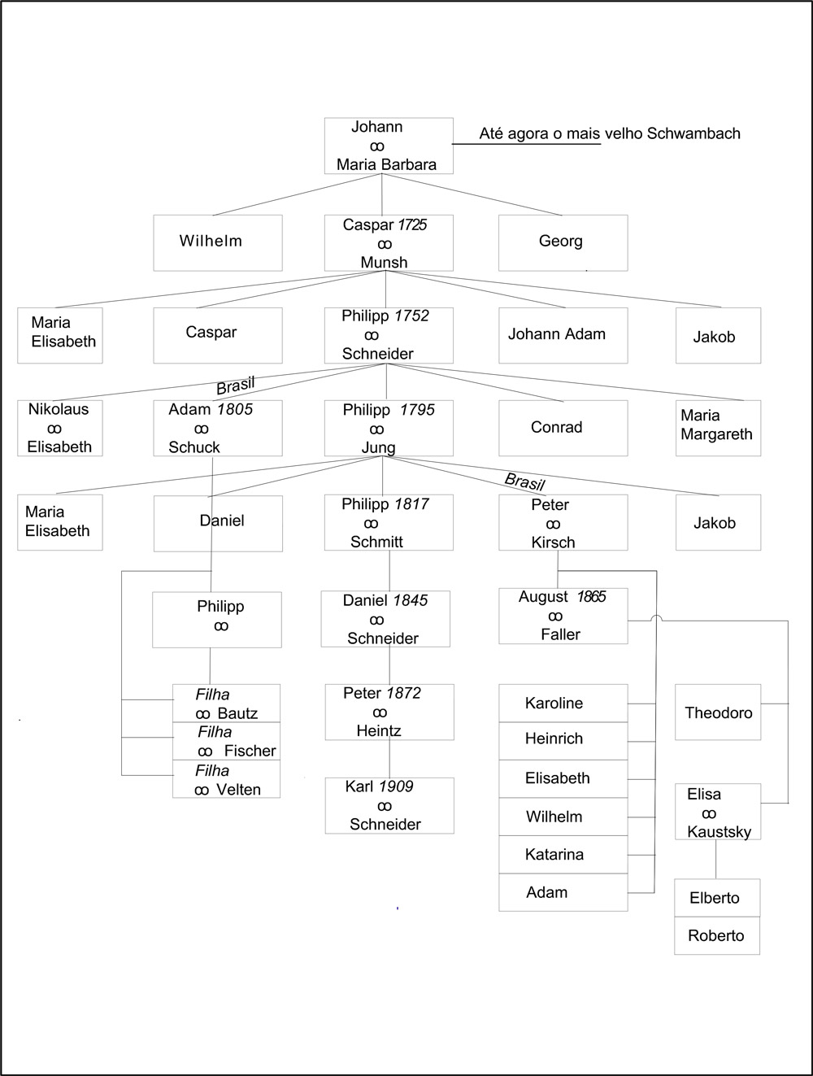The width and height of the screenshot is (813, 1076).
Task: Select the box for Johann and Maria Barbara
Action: coord(388,146)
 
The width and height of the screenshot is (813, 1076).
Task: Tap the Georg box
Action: coord(563,242)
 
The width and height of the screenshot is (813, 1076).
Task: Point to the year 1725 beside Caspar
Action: coord(411,224)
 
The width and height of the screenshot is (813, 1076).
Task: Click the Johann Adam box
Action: coord(563,334)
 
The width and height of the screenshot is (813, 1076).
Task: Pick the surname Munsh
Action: coord(384,262)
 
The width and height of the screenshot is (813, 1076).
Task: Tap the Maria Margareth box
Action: coord(717,426)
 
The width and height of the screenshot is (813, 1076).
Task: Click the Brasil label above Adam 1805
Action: coord(235,385)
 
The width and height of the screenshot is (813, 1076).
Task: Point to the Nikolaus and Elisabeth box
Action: coord(59,427)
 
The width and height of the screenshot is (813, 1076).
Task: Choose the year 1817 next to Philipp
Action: coord(411,503)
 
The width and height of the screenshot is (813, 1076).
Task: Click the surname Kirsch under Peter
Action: coord(553,542)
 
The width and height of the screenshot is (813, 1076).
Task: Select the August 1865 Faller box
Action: coord(563,616)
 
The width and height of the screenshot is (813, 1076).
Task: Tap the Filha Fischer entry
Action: coord(226,741)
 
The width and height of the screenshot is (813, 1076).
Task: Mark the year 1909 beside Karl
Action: coord(395,786)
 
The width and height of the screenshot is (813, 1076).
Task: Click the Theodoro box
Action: coord(718,712)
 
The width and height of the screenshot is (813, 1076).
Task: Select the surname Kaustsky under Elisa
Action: coord(719,831)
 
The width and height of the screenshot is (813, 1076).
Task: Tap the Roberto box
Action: coord(716,935)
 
